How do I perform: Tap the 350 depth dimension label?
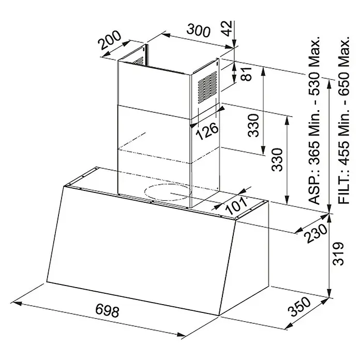coord(299,306)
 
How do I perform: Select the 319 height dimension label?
coord(338,253)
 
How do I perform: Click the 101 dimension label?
coord(236,205)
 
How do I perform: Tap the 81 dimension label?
coord(246,73)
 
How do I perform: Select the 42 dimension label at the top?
coord(227,28)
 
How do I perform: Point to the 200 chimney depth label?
coord(110,40)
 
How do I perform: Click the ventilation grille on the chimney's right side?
coord(207,87)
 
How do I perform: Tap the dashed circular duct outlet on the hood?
coord(168,192)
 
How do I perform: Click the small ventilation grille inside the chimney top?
coord(139,61)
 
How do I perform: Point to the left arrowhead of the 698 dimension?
coord(17,304)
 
